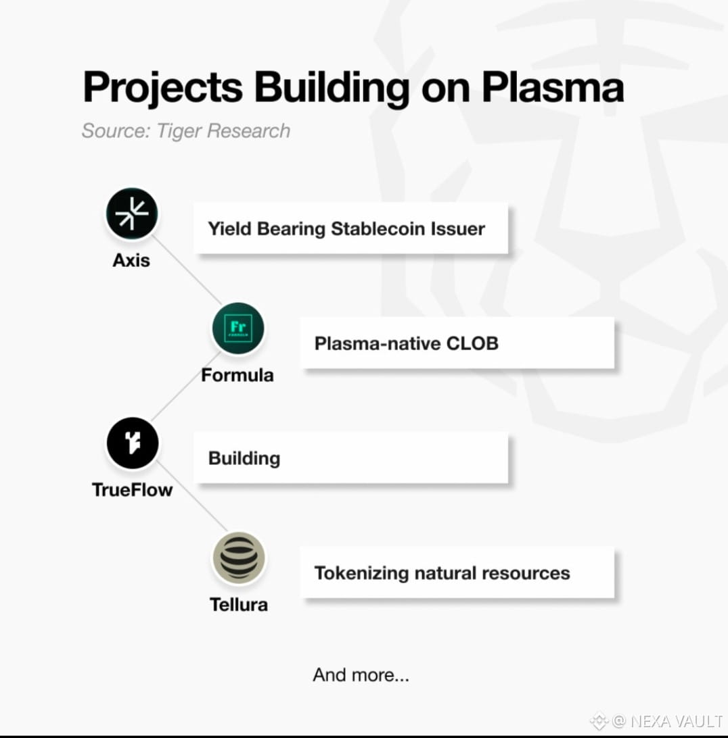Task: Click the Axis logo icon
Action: (131, 214)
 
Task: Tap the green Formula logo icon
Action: (237, 328)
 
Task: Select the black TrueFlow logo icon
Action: (132, 444)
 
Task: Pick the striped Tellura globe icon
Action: (238, 559)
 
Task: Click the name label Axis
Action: (131, 260)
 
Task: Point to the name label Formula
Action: (237, 374)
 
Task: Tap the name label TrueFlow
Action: (132, 489)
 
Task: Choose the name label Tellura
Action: (238, 604)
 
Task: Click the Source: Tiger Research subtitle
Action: (185, 130)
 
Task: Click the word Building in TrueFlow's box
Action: (244, 458)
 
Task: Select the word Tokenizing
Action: (361, 573)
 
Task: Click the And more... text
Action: (361, 674)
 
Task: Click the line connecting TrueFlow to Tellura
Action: (192, 497)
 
